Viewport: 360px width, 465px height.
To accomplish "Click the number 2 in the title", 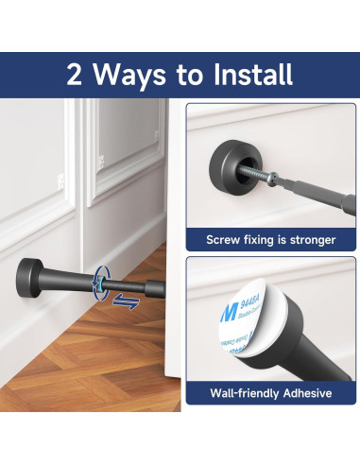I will (78, 75).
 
